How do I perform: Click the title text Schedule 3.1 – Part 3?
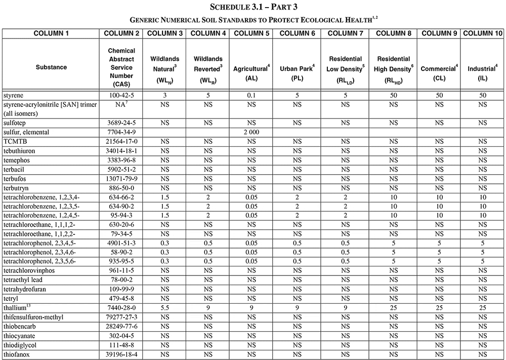253,7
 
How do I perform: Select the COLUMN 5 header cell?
251,33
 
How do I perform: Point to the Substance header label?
51,67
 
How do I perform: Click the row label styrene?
14,95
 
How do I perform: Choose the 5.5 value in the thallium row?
164,308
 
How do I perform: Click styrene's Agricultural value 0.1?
251,95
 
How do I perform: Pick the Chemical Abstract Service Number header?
121,67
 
